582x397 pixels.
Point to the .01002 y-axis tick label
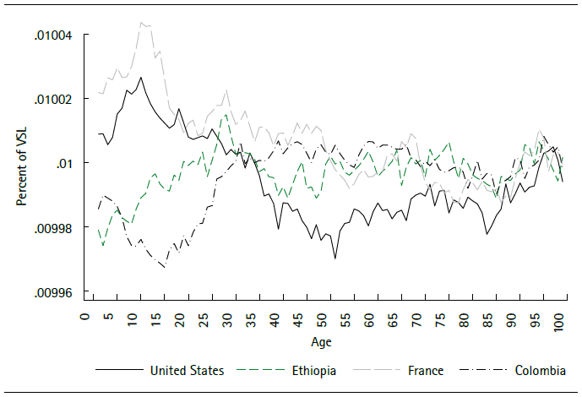tap(53, 100)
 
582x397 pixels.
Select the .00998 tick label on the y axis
tap(53, 228)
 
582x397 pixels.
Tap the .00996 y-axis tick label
tap(53, 293)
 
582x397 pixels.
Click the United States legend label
tap(187, 370)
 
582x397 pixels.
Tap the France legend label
tap(427, 370)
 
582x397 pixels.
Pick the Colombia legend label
tap(537, 370)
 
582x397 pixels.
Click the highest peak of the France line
tap(141, 22)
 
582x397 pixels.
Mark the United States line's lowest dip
tap(335, 258)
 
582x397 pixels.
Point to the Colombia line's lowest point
tap(164, 267)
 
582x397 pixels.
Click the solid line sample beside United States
tap(117, 370)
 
